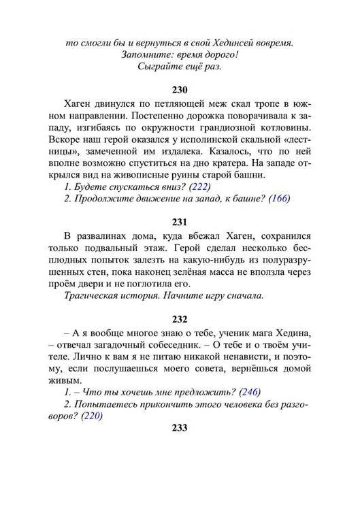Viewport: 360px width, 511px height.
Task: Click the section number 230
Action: pyautogui.click(x=180, y=89)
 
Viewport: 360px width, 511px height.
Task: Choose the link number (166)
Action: pyautogui.click(x=279, y=199)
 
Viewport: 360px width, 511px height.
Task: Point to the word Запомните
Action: pyautogui.click(x=146, y=55)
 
